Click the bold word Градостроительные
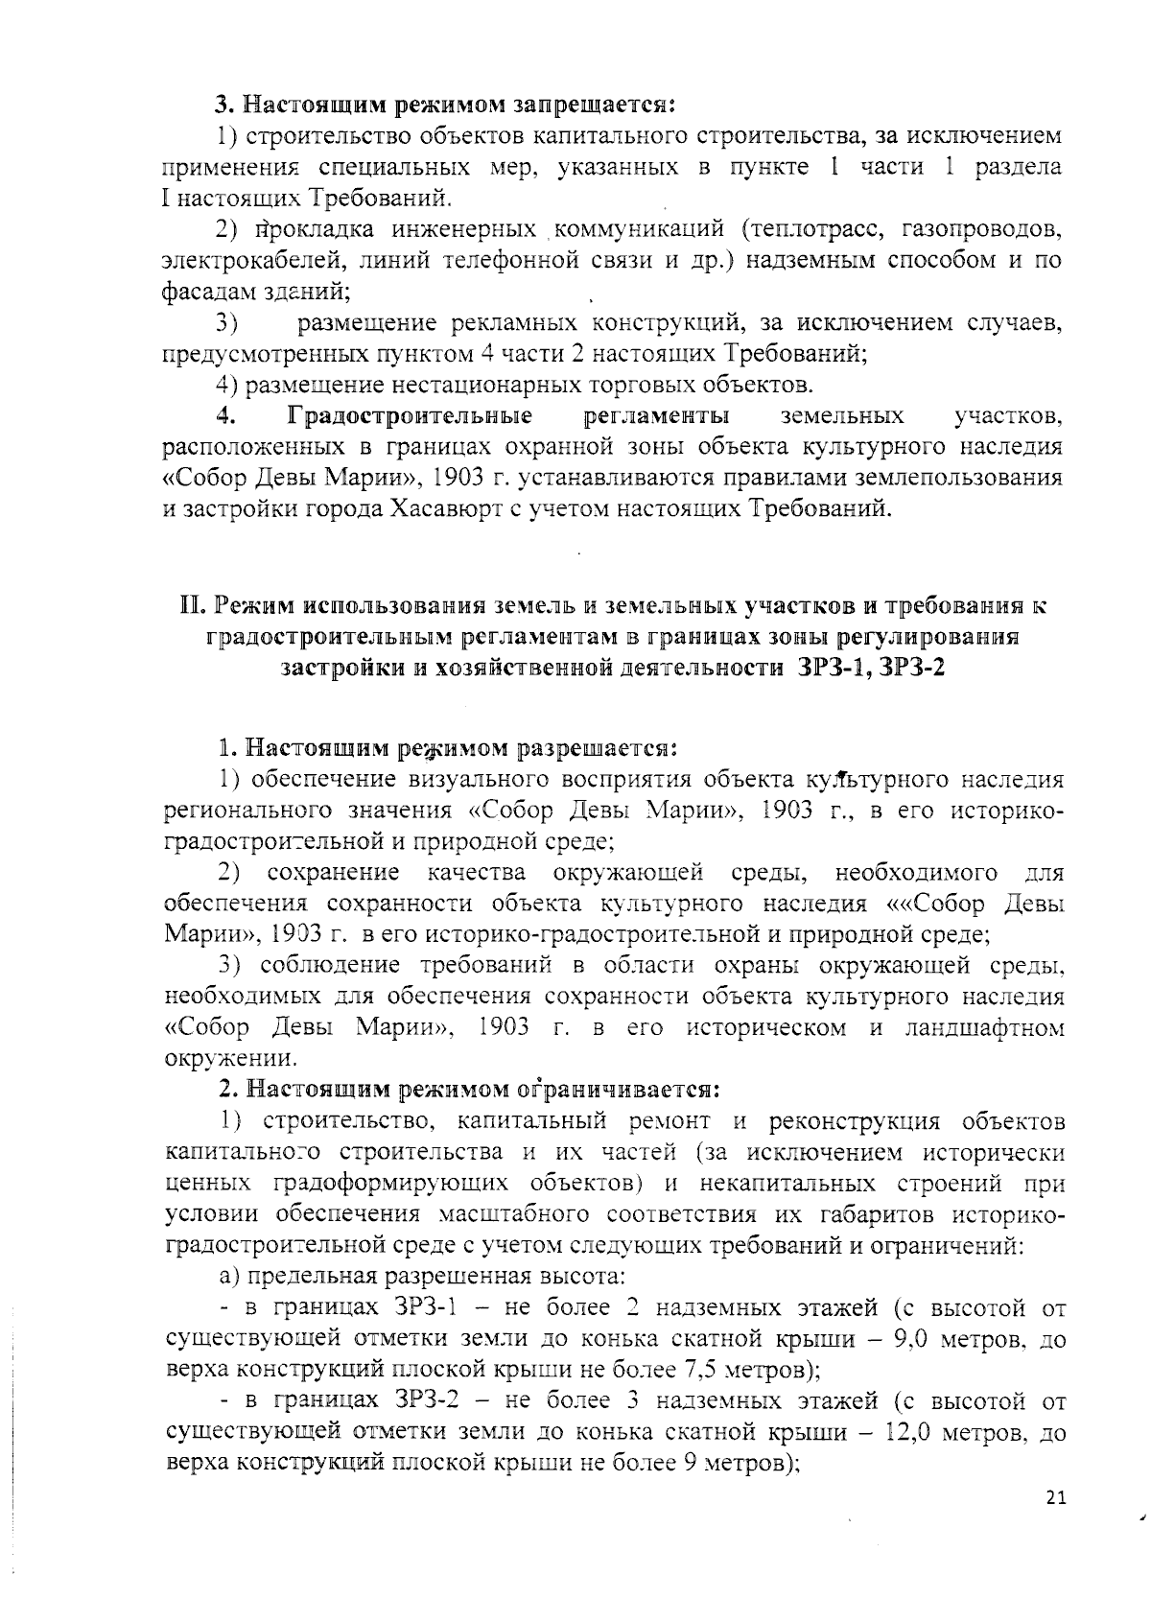[x=410, y=416]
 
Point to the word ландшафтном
[x=985, y=1029]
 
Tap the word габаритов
[x=877, y=1214]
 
